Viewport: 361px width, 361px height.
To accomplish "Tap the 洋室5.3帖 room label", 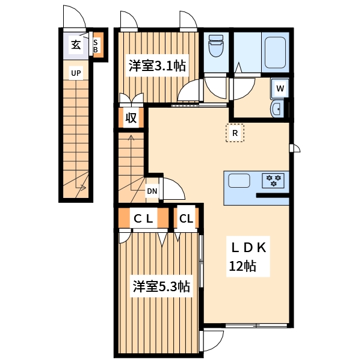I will pyautogui.click(x=161, y=286).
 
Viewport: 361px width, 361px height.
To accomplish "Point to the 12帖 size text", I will pyautogui.click(x=242, y=265).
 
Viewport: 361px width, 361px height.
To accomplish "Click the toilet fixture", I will pyautogui.click(x=215, y=46).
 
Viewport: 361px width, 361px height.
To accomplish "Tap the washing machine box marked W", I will pyautogui.click(x=280, y=88).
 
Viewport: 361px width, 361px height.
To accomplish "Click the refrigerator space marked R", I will pyautogui.click(x=235, y=133).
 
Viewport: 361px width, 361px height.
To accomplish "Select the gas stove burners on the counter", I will pyautogui.click(x=274, y=180).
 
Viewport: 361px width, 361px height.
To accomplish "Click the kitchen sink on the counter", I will pyautogui.click(x=239, y=180).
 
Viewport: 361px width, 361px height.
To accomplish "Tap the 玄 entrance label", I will pyautogui.click(x=75, y=45).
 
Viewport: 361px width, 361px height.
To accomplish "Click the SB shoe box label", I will pyautogui.click(x=96, y=46).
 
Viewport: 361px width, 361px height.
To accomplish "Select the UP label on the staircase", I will pyautogui.click(x=76, y=74).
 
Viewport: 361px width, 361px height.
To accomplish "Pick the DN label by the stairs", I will pyautogui.click(x=152, y=192).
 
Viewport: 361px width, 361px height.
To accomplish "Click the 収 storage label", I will pyautogui.click(x=131, y=118).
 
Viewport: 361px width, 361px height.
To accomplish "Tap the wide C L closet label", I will pyautogui.click(x=144, y=218).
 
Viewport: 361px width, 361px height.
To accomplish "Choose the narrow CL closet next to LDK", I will pyautogui.click(x=186, y=218).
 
